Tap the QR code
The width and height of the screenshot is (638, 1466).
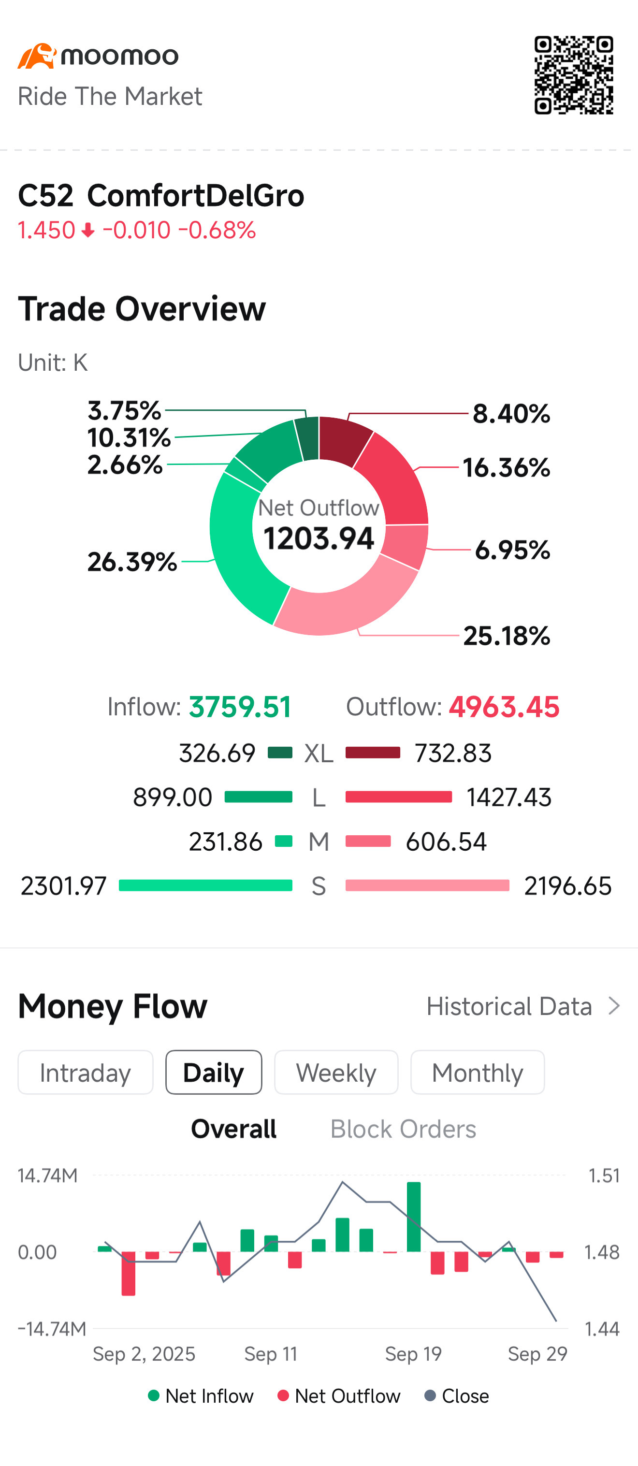(x=573, y=74)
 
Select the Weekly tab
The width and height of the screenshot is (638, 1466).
(x=336, y=1072)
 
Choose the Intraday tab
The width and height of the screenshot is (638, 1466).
(x=86, y=1072)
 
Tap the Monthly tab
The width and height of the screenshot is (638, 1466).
(x=477, y=1072)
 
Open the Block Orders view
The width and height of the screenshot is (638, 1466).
(x=403, y=1129)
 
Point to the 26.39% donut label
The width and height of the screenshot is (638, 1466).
(x=132, y=562)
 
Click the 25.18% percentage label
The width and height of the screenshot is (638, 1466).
(x=507, y=636)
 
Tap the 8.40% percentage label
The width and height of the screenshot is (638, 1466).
(x=511, y=414)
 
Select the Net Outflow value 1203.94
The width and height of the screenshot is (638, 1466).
(x=319, y=538)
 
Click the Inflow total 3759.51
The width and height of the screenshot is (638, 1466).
(x=240, y=707)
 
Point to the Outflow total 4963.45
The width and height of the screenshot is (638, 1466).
(x=504, y=707)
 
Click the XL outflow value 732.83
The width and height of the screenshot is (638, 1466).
(x=452, y=753)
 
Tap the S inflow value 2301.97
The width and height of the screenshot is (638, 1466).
(x=63, y=885)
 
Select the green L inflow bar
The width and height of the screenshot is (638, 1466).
(x=259, y=797)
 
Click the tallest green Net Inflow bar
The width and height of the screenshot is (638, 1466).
(x=414, y=1217)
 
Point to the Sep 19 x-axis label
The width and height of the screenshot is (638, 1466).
(x=413, y=1353)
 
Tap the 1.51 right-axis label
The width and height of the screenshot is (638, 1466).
(x=604, y=1175)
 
